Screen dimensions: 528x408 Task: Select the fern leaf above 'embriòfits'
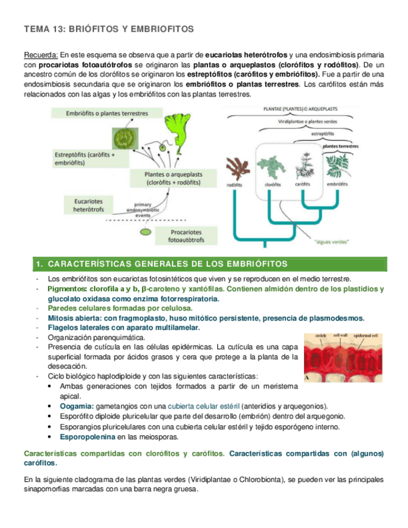[337, 165]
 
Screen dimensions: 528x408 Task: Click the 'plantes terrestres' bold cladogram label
[340, 146]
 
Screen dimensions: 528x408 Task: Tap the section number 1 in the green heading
[39, 264]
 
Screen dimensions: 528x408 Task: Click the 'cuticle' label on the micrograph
[321, 336]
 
